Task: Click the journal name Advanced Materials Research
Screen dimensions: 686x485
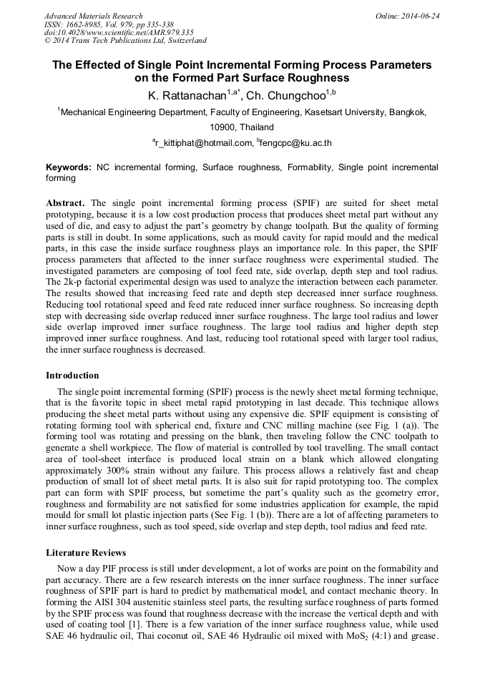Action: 93,16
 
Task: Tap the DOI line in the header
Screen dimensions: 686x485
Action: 119,32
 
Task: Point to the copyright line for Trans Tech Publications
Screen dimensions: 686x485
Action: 125,41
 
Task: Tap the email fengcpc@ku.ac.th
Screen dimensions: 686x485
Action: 296,143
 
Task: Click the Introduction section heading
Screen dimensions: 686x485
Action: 72,376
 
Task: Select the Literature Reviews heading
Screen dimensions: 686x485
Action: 85,553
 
